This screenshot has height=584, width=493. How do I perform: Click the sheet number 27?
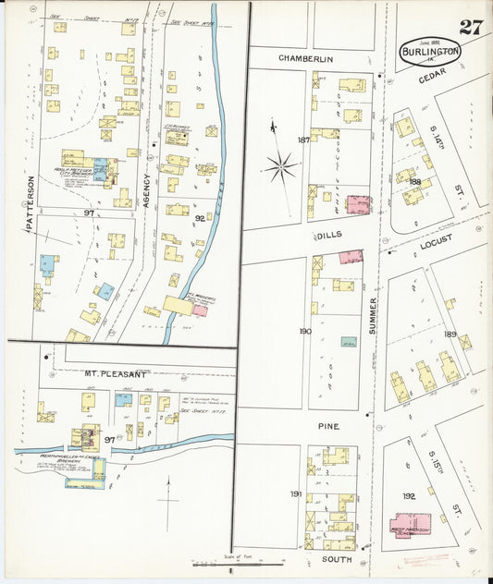tap(471, 26)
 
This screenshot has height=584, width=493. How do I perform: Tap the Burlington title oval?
tap(430, 52)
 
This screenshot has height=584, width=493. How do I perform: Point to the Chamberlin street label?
tap(305, 58)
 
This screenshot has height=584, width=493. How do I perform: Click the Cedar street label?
tap(432, 79)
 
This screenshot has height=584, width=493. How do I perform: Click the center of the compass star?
tap(279, 167)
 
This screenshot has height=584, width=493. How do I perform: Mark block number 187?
tap(303, 140)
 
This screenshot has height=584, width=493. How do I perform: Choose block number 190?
tap(305, 331)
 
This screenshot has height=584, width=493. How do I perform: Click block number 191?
tap(295, 494)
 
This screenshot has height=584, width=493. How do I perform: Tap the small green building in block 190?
tap(348, 342)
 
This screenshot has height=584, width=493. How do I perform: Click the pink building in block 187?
tap(358, 204)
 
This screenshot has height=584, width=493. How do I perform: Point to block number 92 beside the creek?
tap(199, 219)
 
